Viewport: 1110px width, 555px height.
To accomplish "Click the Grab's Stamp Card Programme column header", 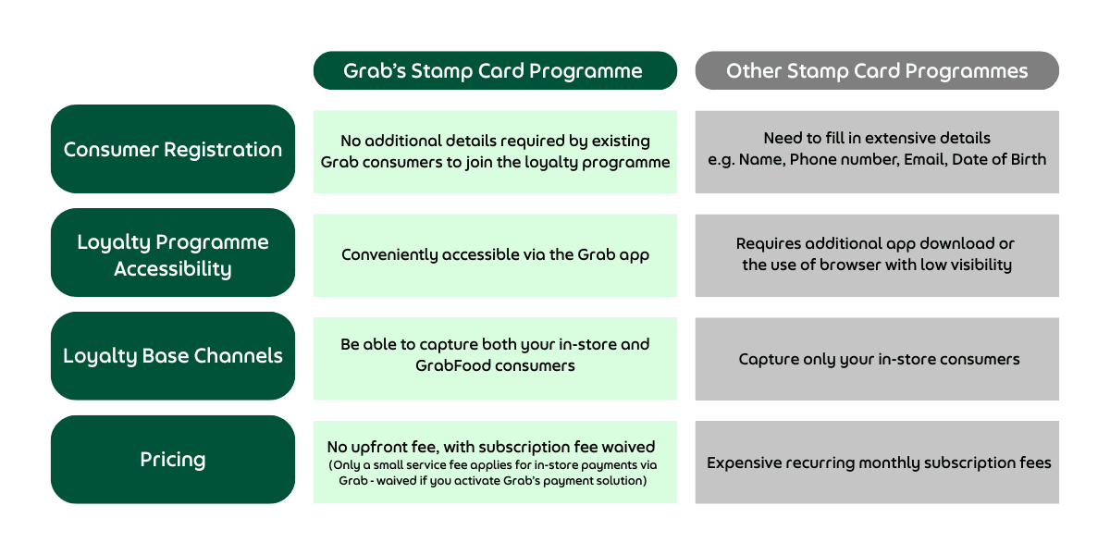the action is pos(495,70).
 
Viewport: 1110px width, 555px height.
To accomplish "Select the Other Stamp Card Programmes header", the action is pos(877,70).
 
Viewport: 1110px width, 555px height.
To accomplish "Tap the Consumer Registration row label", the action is pos(173,149).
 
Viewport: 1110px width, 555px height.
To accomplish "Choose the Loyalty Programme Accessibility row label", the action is pos(173,253).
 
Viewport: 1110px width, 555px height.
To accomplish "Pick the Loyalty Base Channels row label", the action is pos(173,356).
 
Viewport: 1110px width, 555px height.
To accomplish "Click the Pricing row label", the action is pos(173,460).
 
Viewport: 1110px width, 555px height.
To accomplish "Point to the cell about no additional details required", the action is pos(495,152).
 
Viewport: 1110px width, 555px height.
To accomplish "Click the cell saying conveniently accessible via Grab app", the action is pos(495,255).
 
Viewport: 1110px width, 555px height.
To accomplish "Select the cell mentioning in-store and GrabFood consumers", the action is pos(495,359).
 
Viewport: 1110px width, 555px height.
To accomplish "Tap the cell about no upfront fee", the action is pos(495,462).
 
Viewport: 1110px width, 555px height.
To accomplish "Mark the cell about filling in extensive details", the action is pos(877,152).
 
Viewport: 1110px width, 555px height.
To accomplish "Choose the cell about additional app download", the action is pos(877,255).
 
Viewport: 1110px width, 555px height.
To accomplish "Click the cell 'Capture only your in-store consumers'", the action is pos(877,359).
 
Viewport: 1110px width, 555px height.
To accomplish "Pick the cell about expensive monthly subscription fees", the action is pos(877,462).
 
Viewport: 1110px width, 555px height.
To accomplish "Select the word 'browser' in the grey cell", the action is pos(850,265).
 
